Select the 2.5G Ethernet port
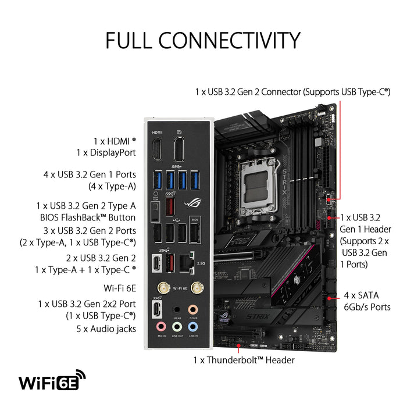pyautogui.click(x=187, y=263)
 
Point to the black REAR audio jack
pyautogui.click(x=177, y=310)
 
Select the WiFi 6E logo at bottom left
pyautogui.click(x=53, y=382)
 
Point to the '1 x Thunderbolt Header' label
pyautogui.click(x=244, y=360)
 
